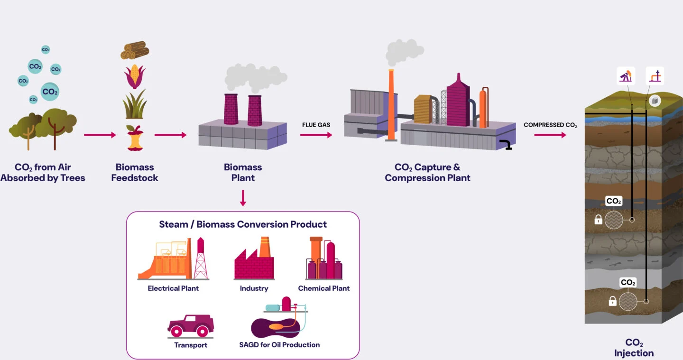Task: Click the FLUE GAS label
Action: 316,125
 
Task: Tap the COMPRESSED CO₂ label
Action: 550,125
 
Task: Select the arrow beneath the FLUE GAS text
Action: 316,135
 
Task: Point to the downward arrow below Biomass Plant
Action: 243,198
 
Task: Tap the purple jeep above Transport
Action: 191,325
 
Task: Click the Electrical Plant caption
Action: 173,288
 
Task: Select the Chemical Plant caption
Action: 323,288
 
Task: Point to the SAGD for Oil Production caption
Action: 279,345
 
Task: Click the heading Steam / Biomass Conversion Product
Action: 243,224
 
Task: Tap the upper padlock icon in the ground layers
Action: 598,220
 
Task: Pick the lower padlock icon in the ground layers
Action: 612,301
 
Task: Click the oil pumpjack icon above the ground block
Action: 626,76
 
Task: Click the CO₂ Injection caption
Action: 634,348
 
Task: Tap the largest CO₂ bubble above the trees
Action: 50,92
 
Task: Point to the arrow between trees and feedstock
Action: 100,135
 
